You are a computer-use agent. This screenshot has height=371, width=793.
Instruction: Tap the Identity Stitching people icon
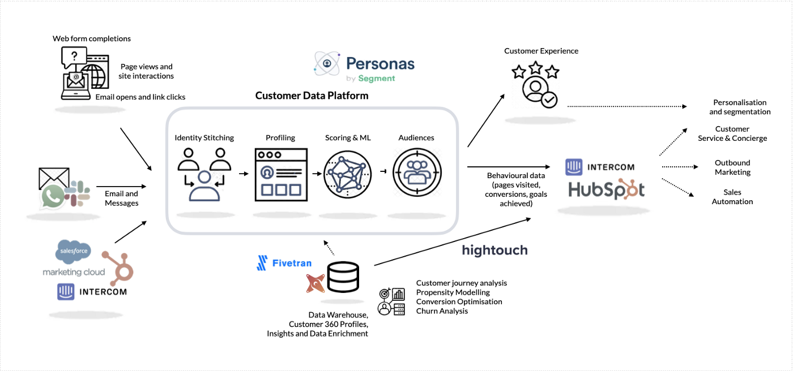pos(204,174)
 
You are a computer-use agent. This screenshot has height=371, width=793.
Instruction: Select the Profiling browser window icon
pos(281,174)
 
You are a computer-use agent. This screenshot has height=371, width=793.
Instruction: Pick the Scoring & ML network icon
pos(347,174)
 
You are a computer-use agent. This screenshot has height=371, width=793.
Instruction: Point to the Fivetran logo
pos(284,263)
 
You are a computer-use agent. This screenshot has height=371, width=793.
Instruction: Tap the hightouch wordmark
pos(494,249)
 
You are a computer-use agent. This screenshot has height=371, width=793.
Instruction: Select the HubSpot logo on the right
pos(606,190)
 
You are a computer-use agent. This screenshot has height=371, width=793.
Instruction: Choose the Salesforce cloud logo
pos(74,252)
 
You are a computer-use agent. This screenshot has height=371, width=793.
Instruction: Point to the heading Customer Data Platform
pos(312,96)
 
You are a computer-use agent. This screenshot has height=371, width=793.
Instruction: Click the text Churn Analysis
pos(442,310)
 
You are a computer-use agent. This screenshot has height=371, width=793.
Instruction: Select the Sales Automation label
pos(732,197)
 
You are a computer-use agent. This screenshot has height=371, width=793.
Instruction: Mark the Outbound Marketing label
pos(732,167)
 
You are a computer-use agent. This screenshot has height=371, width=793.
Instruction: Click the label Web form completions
pos(92,38)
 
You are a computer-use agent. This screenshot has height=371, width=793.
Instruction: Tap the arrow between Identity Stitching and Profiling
pos(244,173)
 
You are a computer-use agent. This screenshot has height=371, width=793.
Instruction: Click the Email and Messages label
pos(121,198)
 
